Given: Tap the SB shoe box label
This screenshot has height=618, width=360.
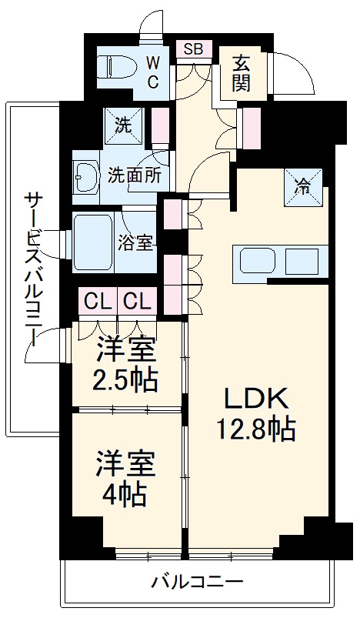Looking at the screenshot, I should [192, 49].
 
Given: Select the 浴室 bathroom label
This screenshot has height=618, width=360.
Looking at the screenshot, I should [137, 242].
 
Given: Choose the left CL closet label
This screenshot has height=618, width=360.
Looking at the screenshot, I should [96, 300].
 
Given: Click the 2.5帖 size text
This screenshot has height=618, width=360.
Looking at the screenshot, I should [127, 379].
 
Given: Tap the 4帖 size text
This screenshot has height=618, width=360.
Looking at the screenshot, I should [127, 495].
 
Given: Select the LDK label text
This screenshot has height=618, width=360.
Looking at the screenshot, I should [256, 399].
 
